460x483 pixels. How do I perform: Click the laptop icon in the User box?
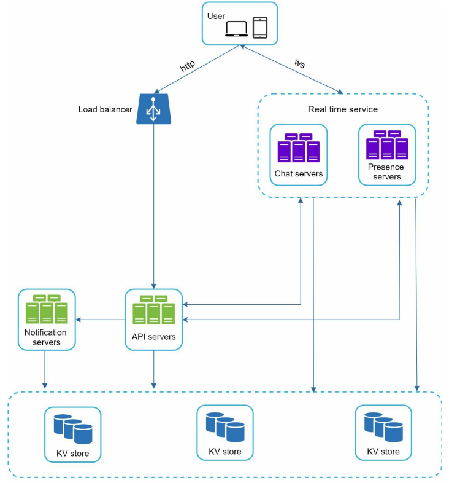pyautogui.click(x=236, y=29)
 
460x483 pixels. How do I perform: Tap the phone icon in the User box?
pyautogui.click(x=261, y=28)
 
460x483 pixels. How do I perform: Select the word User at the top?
pyautogui.click(x=216, y=16)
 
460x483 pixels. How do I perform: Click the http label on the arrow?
pyautogui.click(x=188, y=66)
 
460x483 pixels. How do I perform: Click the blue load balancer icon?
pyautogui.click(x=153, y=109)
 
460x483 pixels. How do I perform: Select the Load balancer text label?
pyautogui.click(x=105, y=110)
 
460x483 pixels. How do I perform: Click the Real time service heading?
pyautogui.click(x=342, y=109)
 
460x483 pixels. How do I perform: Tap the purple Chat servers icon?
pyautogui.click(x=299, y=148)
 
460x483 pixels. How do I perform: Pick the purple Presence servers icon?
pyautogui.click(x=387, y=145)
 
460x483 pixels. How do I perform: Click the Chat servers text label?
pyautogui.click(x=299, y=174)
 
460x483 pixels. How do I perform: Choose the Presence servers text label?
pyautogui.click(x=386, y=171)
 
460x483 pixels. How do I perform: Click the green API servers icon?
pyautogui.click(x=153, y=310)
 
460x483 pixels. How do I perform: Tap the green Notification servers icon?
pyautogui.click(x=47, y=310)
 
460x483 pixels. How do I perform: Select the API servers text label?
pyautogui.click(x=153, y=337)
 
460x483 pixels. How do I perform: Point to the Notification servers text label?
pyautogui.click(x=46, y=337)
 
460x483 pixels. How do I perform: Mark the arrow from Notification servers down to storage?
pyautogui.click(x=45, y=369)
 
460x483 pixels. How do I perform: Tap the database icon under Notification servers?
pyautogui.click(x=72, y=428)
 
